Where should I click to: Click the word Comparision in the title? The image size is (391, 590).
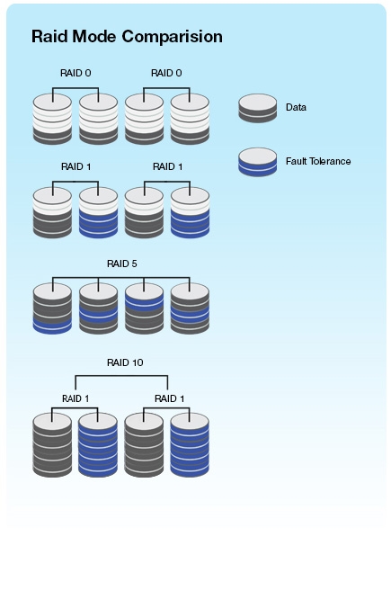[x=173, y=37]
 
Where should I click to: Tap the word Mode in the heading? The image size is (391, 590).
[x=94, y=37]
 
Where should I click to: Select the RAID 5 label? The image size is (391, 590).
[x=122, y=264]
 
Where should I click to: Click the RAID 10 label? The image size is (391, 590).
[x=125, y=362]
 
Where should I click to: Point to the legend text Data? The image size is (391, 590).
[x=296, y=107]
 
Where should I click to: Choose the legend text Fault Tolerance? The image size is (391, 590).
[x=318, y=161]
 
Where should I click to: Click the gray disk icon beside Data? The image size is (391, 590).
[x=258, y=108]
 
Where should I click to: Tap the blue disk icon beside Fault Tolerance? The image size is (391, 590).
[x=258, y=162]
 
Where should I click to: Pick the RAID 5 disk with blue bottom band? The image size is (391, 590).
[x=52, y=308]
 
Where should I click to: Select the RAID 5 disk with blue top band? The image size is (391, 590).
[x=144, y=308]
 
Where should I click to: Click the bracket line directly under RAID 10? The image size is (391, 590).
[x=121, y=376]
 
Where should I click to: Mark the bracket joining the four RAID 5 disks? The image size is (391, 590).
[x=121, y=278]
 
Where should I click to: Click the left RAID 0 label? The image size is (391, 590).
[x=76, y=73]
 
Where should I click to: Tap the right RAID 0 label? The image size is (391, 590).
[x=166, y=73]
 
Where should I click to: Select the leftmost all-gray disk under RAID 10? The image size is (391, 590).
[x=52, y=445]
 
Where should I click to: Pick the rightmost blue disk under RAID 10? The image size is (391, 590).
[x=190, y=445]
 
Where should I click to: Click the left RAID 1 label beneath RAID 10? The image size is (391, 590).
[x=76, y=398]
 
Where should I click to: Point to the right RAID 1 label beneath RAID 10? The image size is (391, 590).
[x=170, y=398]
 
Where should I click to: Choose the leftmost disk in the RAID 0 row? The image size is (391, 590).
[x=52, y=119]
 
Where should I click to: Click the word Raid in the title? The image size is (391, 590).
[x=49, y=37]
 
